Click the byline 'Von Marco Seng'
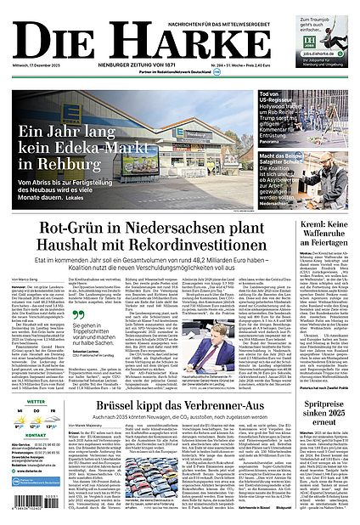(26, 279)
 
